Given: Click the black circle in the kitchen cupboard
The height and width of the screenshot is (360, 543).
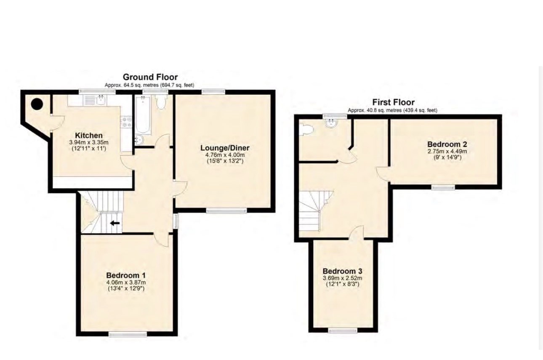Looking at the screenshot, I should pos(37,104).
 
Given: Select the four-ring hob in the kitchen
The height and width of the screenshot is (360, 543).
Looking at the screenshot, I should pos(127,123).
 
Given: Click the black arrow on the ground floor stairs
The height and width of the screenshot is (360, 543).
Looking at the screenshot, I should pos(114,223).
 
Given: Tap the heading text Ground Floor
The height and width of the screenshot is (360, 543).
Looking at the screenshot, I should pos(150,77).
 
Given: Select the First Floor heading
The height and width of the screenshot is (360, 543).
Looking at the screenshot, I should pos(393,102).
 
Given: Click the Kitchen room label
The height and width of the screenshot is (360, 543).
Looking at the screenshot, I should pos(88,136).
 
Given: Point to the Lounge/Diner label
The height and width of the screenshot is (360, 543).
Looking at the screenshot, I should pos(225,148).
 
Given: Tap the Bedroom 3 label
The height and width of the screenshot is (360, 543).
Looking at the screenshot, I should pos(342,271).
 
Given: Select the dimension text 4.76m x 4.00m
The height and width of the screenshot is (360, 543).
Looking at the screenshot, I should pos(225,155).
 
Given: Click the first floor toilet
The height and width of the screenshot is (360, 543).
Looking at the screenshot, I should pos(305,129).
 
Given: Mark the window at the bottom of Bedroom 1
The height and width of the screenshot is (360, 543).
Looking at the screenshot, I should pos(128,334).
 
